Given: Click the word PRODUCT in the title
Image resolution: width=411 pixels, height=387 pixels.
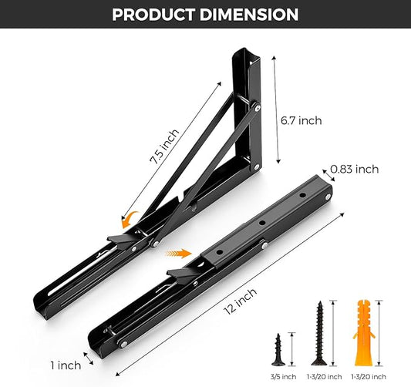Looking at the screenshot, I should pos(159,15).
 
